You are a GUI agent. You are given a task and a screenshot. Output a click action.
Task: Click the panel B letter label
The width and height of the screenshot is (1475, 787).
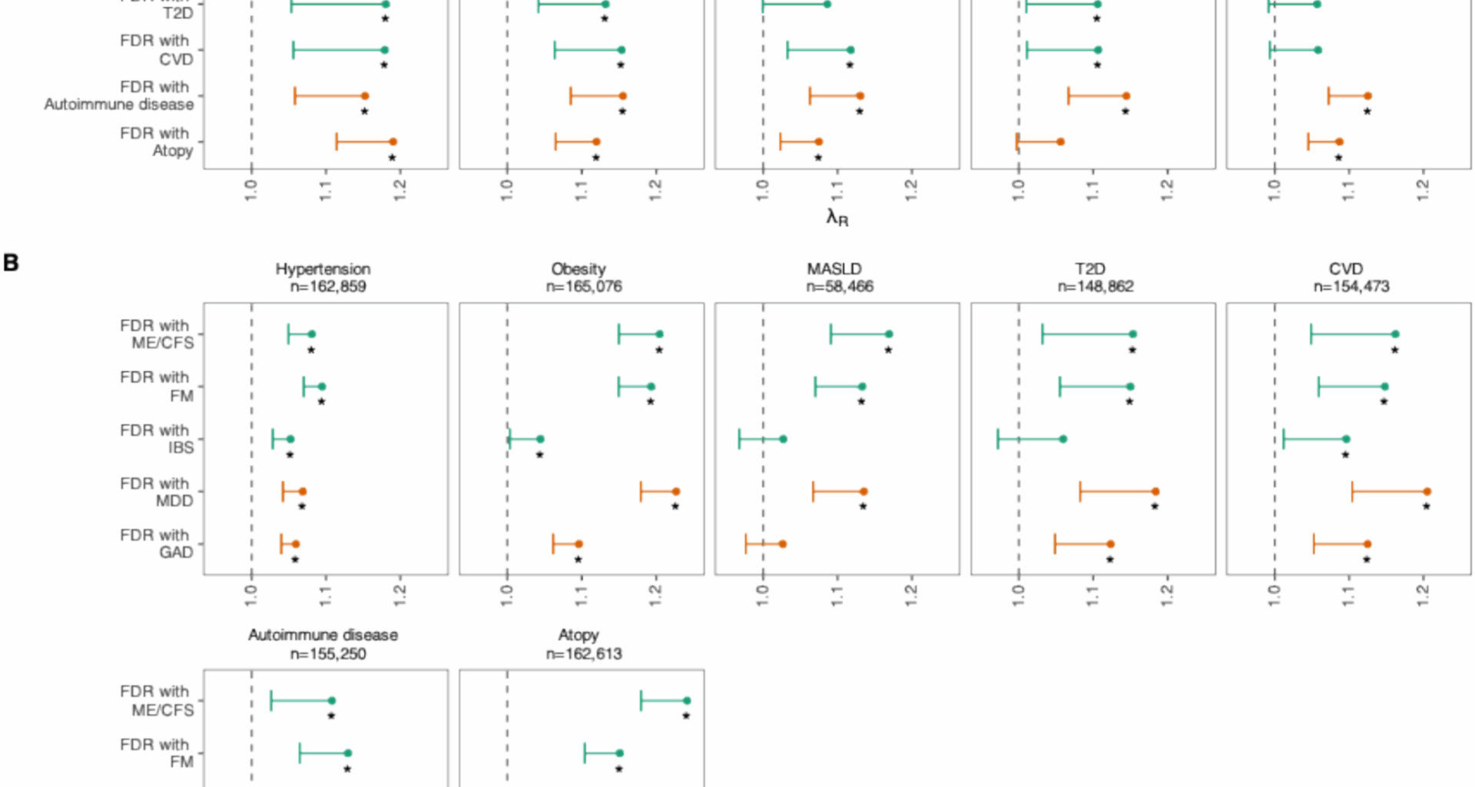point(11,263)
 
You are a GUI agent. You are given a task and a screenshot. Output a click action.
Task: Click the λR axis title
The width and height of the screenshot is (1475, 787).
point(837,218)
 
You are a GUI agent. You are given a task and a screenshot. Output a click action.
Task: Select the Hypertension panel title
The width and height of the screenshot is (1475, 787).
point(323,269)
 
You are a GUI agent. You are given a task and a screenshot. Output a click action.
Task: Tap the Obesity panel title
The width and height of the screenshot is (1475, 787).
point(578,269)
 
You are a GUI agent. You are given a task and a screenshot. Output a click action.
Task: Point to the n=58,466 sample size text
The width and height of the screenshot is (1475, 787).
point(840,287)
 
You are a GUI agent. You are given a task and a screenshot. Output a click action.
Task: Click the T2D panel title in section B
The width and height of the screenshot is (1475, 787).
point(1089,269)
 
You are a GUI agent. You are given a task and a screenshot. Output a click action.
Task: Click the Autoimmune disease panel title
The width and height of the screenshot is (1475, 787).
point(323,635)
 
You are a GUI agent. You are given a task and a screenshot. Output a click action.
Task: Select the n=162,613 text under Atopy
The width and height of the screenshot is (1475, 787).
point(584,654)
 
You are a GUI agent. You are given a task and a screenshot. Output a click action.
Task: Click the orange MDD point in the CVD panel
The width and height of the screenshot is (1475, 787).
point(1427,491)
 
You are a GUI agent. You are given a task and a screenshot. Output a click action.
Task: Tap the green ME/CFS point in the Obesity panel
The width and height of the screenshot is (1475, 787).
point(659,334)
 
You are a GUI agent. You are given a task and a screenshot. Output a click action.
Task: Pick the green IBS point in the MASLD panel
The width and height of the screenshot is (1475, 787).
point(783,440)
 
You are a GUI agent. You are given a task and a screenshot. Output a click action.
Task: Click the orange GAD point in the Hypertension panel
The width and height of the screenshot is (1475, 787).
point(296,544)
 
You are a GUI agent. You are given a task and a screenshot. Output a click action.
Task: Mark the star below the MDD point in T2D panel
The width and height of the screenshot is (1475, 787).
point(1154,506)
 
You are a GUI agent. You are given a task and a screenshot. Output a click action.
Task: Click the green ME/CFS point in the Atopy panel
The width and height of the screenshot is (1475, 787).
point(687,701)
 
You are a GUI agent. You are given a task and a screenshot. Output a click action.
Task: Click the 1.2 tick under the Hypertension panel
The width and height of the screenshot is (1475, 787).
point(400,596)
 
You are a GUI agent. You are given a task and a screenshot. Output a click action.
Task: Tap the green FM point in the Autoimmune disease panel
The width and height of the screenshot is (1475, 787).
point(348,753)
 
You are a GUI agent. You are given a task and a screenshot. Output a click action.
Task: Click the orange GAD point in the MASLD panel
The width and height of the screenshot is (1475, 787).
point(782,544)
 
